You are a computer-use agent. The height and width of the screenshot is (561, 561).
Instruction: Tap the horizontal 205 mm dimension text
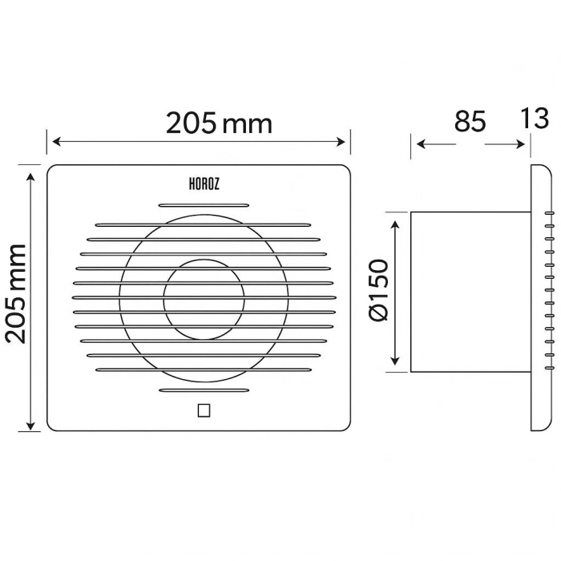pyautogui.click(x=219, y=123)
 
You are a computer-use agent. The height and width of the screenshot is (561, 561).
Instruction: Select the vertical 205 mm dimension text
pyautogui.click(x=17, y=293)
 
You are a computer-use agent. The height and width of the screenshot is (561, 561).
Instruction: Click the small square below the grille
pyautogui.click(x=203, y=410)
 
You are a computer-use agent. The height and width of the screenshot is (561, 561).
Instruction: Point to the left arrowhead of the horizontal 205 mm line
pyautogui.click(x=52, y=143)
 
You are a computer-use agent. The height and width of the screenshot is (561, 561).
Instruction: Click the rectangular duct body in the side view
pyautogui.click(x=469, y=293)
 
